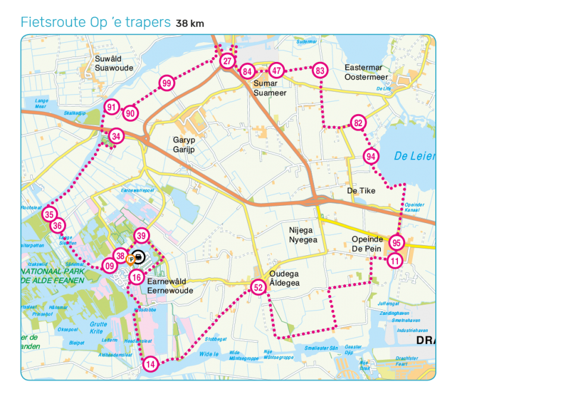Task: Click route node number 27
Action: (x=227, y=61)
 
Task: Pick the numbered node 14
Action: (x=150, y=364)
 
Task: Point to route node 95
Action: (x=397, y=243)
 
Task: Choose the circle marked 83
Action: (x=321, y=71)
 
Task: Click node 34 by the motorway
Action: (x=117, y=136)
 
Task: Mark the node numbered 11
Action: (x=395, y=261)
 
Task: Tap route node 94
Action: (x=371, y=156)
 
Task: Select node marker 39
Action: (x=141, y=236)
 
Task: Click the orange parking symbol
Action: (x=130, y=259)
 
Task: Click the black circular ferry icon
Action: (x=139, y=258)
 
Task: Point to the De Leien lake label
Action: (x=414, y=156)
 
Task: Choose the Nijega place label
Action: (x=300, y=230)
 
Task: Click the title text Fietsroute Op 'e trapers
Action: (x=96, y=23)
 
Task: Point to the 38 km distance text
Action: (x=190, y=24)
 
